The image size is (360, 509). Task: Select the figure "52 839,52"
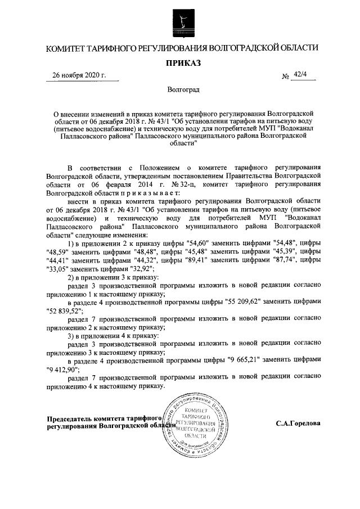pos(65,310)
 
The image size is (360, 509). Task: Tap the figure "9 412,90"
pos(63,370)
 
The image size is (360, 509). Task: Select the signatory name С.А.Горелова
pos(298,422)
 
